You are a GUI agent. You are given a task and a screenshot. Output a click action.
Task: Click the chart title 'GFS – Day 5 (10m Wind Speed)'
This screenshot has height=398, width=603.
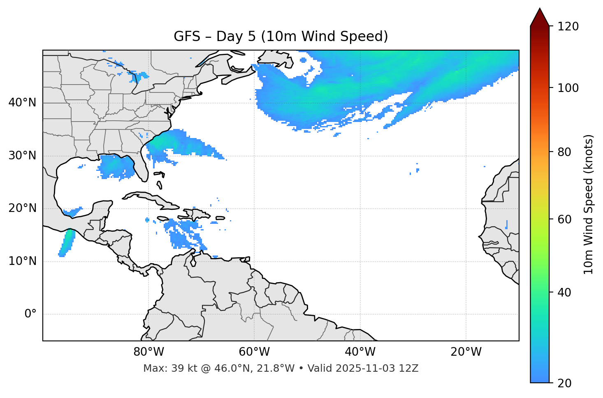(x=281, y=37)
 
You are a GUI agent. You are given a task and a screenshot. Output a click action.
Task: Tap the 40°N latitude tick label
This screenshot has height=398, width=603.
(x=22, y=103)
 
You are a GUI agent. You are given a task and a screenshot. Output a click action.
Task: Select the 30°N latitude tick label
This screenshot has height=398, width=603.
(x=22, y=156)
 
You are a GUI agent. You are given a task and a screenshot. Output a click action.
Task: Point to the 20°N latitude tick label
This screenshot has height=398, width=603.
(x=22, y=209)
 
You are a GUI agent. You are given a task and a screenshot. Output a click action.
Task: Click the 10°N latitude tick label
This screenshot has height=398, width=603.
(x=22, y=261)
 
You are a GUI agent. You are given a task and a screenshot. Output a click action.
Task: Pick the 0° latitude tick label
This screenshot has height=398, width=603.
(x=30, y=314)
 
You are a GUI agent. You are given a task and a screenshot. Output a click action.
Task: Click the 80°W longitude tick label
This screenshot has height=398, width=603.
(x=148, y=352)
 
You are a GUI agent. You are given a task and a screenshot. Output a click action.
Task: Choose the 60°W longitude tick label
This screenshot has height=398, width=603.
(x=254, y=352)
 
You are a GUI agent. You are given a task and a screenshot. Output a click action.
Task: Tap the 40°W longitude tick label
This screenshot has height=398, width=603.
(x=360, y=352)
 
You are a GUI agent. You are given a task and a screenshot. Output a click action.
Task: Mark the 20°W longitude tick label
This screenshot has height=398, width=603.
(x=466, y=352)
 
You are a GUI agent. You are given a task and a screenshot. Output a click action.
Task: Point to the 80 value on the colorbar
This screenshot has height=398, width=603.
(x=566, y=152)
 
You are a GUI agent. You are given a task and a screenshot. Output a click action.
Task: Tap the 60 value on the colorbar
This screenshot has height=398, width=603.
(x=566, y=219)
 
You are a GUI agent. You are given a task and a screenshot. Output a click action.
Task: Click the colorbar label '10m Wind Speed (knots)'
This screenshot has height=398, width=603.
(x=589, y=205)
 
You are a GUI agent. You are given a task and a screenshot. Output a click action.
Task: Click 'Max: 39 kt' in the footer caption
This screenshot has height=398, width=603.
(x=161, y=368)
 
